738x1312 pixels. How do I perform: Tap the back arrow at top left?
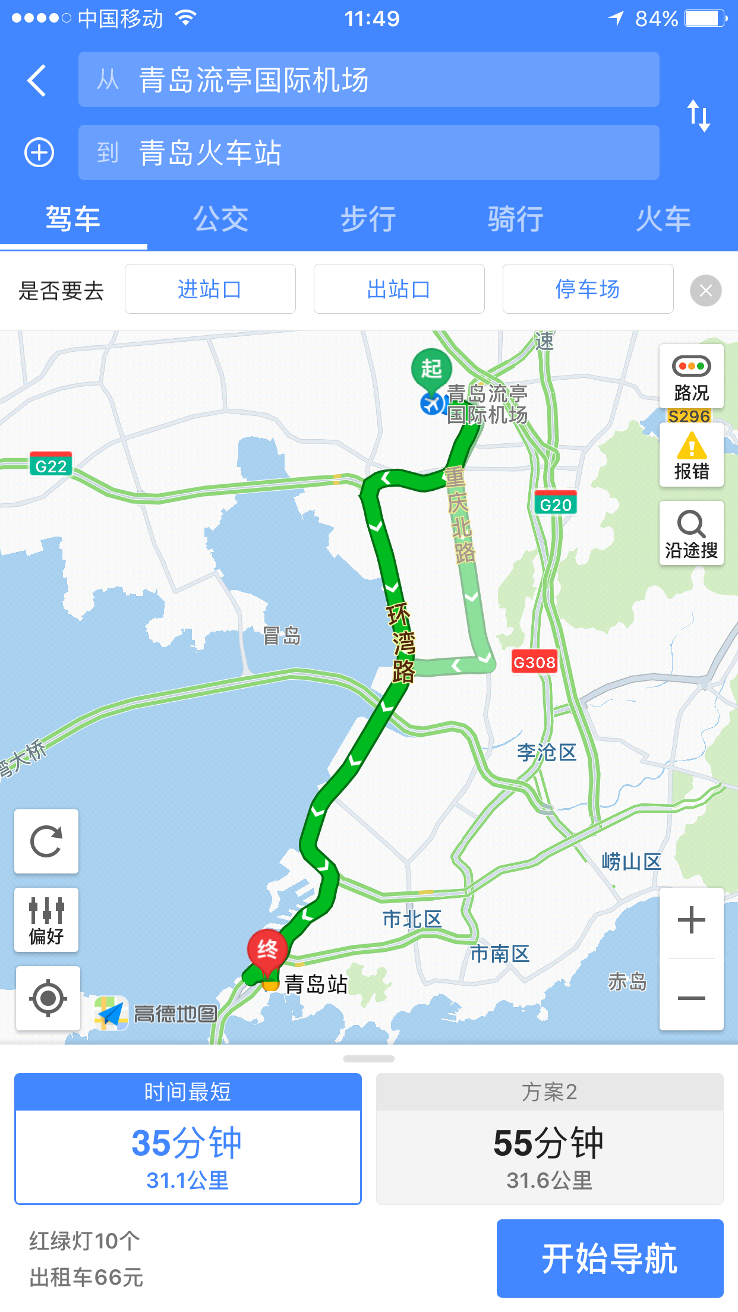click(x=37, y=80)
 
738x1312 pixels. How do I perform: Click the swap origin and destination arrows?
click(x=699, y=115)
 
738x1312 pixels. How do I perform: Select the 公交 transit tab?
click(x=221, y=219)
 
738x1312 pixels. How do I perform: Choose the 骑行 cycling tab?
click(x=516, y=219)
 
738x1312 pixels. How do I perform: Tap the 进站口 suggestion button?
click(x=210, y=289)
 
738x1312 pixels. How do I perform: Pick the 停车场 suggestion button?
click(x=588, y=289)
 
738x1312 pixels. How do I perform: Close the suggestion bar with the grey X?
click(x=706, y=291)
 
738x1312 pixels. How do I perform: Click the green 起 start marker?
click(x=431, y=368)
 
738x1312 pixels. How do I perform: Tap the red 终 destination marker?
click(x=267, y=950)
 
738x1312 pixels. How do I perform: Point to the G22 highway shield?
click(x=51, y=465)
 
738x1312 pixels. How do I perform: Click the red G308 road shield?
click(x=534, y=662)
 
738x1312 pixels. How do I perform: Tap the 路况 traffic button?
click(x=691, y=376)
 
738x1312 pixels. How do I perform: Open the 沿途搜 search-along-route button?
click(x=691, y=533)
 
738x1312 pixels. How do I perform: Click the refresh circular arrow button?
click(x=46, y=841)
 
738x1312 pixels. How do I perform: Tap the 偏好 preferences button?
click(x=46, y=920)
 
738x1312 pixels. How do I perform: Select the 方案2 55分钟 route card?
click(x=550, y=1138)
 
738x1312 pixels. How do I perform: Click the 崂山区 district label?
click(x=631, y=862)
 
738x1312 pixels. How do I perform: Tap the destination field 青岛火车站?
click(x=368, y=153)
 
